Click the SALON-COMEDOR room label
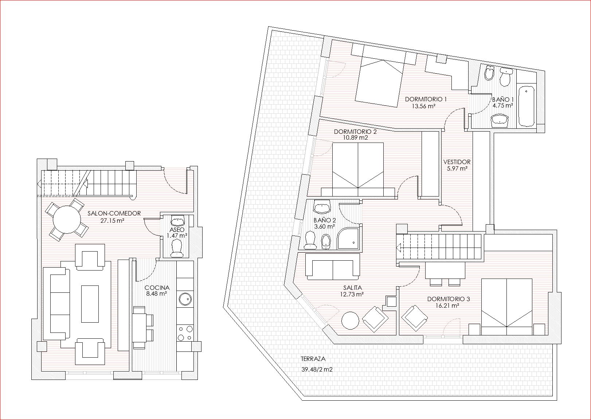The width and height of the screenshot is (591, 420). pos(114,213)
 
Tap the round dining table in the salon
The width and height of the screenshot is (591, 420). pos(67,219)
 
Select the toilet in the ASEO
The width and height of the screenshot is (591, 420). pos(177,248)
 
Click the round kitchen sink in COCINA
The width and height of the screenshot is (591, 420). pos(185,299)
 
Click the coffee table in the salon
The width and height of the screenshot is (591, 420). pos(90,304)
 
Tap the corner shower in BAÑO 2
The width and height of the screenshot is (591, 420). pos(348,239)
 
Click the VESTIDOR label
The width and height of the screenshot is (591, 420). pos(457,162)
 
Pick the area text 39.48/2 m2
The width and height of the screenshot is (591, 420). pos(317,369)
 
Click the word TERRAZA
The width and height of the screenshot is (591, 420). pos(313,359)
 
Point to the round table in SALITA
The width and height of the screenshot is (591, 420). pos(350,320)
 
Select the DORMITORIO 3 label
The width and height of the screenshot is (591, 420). pos(449,299)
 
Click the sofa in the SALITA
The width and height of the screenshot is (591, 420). pos(332,267)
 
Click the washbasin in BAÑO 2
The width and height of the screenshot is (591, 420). pos(322,207)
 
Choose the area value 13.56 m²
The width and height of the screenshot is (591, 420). pos(423,106)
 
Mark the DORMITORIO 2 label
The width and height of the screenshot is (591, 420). pos(355,132)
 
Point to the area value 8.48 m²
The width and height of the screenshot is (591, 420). pos(156,293)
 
